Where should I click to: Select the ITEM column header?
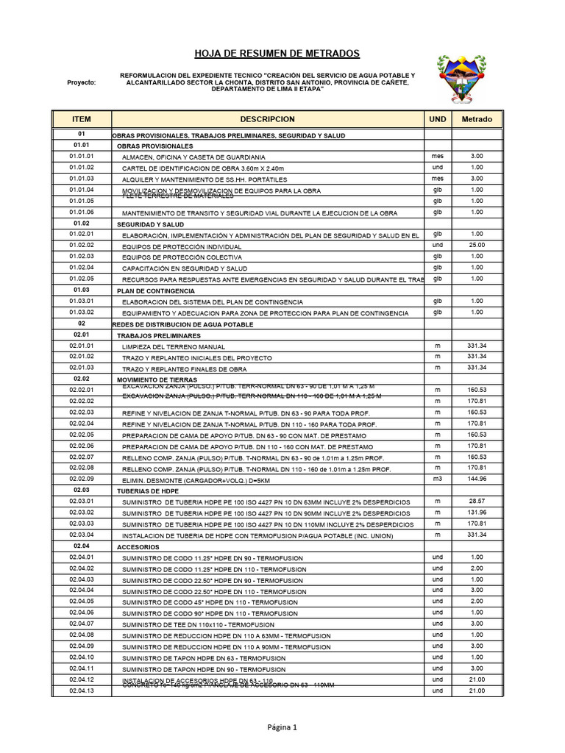pos(81,119)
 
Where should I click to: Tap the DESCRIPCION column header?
pos(267,119)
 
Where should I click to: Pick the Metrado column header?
pos(477,119)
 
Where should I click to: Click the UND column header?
pos(438,119)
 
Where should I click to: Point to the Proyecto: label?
pos(81,82)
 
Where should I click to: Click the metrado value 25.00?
pos(477,245)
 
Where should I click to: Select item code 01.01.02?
pos(82,168)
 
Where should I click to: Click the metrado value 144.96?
pos(477,479)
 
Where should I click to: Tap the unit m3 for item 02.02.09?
pos(438,479)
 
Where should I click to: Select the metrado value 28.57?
pos(477,501)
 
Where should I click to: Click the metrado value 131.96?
pos(477,513)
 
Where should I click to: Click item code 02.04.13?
pos(82,691)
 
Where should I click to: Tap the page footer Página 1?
pos(282,728)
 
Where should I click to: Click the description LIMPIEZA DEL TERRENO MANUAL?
pos(174,346)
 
